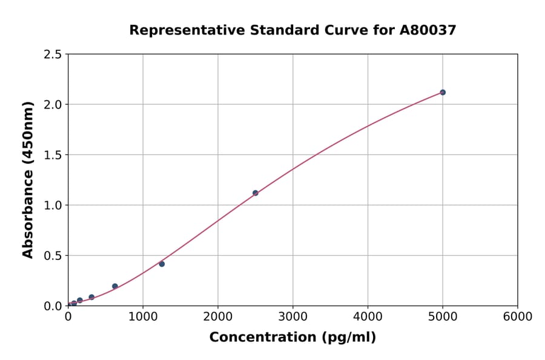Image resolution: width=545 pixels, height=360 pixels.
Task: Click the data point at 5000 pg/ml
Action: point(443,92)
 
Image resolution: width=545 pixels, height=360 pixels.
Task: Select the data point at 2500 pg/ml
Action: point(255,193)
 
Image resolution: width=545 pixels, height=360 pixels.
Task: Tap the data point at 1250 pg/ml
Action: point(162,264)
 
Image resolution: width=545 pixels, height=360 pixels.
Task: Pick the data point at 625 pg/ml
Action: point(115,286)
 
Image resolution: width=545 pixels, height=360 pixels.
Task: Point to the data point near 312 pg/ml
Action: point(91,297)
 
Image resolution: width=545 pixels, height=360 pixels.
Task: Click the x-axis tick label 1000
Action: point(143,317)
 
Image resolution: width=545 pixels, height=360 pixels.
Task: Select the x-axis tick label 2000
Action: point(218,317)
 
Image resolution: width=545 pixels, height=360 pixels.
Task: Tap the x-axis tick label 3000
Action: point(292,317)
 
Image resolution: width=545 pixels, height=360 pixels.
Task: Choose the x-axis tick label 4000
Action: point(368,317)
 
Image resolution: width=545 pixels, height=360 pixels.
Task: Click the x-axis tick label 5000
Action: point(443,317)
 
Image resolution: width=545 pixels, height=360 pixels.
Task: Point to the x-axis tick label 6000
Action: point(517,317)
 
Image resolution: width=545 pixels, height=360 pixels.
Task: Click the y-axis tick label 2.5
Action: point(53,55)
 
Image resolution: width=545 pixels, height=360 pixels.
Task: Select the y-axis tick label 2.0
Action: point(53,105)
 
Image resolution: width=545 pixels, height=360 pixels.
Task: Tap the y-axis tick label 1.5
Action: point(53,155)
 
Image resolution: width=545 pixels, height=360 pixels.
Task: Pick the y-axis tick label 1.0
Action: point(53,205)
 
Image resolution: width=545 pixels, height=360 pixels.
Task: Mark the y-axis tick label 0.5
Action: point(53,256)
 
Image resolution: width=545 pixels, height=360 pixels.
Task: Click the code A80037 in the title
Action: point(429,30)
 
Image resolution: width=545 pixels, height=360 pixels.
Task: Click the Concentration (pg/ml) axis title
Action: point(292,338)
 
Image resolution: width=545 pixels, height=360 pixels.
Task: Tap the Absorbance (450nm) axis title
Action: point(28,180)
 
